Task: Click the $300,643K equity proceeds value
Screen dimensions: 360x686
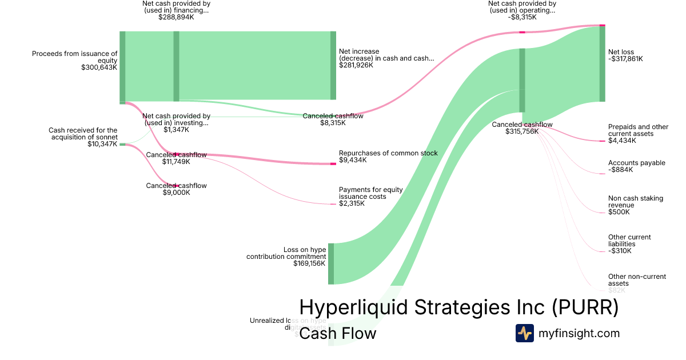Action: click(99, 67)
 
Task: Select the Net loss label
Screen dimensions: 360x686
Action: click(621, 51)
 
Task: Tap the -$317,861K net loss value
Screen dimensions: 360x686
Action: click(625, 58)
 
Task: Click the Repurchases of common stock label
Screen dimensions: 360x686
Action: click(388, 153)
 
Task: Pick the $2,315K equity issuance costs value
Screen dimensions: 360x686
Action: click(352, 203)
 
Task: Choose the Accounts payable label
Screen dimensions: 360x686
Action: click(637, 163)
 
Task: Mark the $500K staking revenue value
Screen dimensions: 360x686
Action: click(619, 212)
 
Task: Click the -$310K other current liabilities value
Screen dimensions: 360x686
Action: click(620, 251)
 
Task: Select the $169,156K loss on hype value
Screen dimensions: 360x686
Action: click(309, 263)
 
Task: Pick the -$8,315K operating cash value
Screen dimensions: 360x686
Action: click(521, 17)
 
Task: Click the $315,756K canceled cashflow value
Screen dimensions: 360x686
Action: click(521, 131)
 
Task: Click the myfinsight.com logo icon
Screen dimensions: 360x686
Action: click(524, 333)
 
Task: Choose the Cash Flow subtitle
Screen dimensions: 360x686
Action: click(337, 333)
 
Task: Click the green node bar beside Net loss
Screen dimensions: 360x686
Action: click(602, 63)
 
